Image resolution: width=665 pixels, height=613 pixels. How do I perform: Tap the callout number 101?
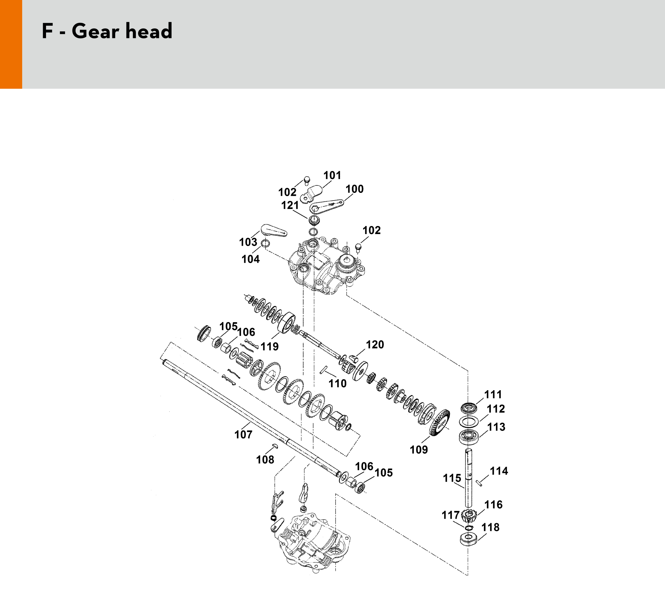(332, 175)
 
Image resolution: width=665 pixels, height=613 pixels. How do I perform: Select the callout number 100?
(355, 189)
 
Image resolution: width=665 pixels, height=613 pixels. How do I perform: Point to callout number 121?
(290, 206)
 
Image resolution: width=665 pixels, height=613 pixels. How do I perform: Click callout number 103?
(248, 242)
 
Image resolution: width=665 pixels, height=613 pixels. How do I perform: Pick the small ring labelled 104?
(265, 244)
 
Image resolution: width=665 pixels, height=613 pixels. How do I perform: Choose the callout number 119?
(269, 347)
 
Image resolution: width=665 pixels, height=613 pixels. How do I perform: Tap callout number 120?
(375, 344)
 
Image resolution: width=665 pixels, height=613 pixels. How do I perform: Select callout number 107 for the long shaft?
(243, 435)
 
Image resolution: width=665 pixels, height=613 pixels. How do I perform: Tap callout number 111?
(493, 394)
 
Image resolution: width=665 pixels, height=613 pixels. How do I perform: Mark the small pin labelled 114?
(479, 483)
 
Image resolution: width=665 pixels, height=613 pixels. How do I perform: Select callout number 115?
(452, 478)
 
